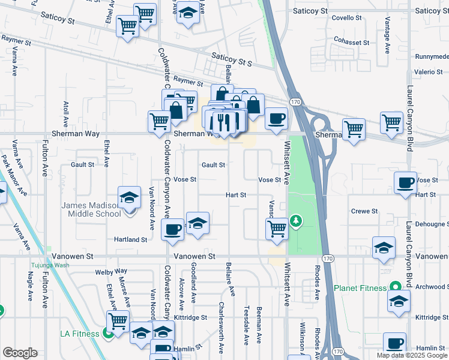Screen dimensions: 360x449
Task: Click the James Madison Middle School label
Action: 91,209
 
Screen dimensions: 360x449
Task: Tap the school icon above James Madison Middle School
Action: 129,197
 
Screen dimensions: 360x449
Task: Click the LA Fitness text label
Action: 80,333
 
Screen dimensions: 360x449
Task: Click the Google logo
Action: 20,353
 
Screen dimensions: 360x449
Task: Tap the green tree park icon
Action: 295,221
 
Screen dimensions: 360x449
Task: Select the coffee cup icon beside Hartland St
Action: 173,229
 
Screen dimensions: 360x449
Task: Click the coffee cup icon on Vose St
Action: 406,182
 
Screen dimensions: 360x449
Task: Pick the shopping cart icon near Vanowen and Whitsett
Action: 277,228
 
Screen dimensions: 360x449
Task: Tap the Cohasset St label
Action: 352,43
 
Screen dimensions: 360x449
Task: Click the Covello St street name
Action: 347,18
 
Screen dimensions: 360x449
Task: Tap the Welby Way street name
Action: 111,272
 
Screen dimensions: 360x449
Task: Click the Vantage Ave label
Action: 387,38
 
